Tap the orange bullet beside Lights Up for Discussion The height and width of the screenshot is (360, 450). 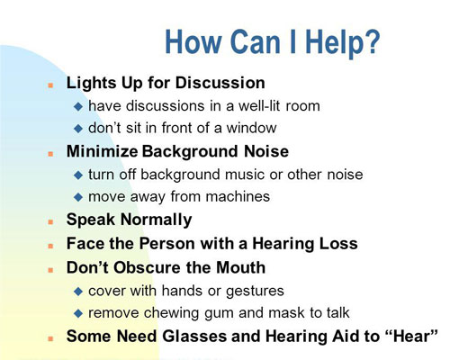coord(50,85)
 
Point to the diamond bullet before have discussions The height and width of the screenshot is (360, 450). coord(78,106)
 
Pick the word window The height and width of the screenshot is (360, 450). coord(251,128)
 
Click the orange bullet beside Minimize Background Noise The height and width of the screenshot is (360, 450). coord(50,154)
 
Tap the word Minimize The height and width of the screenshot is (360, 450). coord(103,151)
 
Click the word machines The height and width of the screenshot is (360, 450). coord(238,196)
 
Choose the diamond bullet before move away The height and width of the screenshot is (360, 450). coord(78,197)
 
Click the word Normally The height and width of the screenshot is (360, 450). coord(156,220)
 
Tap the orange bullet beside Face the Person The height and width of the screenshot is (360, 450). coord(50,247)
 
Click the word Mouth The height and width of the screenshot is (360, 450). coord(240,267)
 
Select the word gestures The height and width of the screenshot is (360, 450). coord(255,292)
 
